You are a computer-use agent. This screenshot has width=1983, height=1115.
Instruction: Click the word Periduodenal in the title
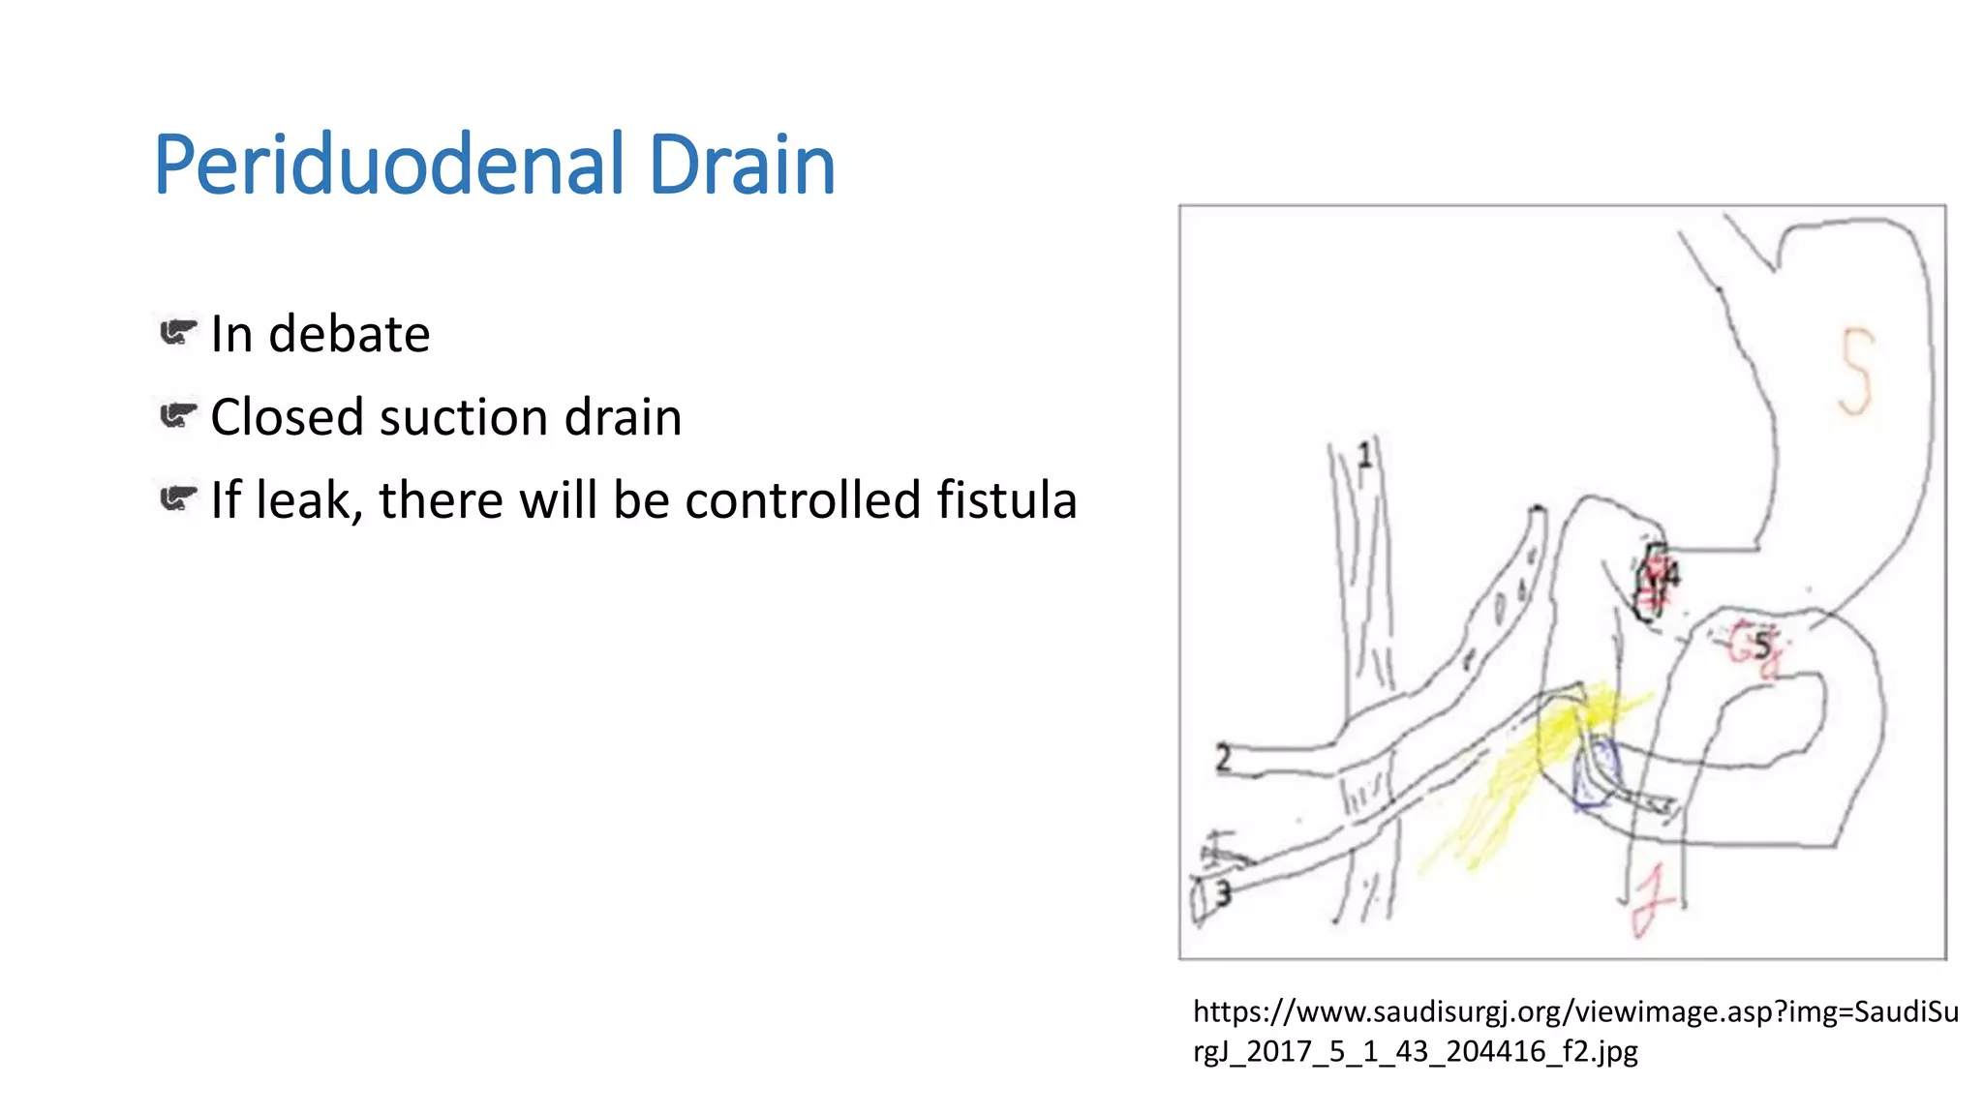pyautogui.click(x=387, y=166)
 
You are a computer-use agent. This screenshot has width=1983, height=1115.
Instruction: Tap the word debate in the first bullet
pyautogui.click(x=349, y=335)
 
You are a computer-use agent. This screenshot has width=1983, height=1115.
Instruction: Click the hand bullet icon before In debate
pyautogui.click(x=178, y=333)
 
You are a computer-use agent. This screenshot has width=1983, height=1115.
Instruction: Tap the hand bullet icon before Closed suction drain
pyautogui.click(x=178, y=416)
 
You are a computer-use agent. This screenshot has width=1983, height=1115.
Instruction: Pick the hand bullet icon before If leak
pyautogui.click(x=178, y=499)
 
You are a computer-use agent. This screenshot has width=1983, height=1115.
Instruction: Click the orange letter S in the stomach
pyautogui.click(x=1856, y=372)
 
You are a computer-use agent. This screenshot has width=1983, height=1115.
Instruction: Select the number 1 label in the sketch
pyautogui.click(x=1364, y=455)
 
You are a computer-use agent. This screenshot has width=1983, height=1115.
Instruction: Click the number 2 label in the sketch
pyautogui.click(x=1223, y=758)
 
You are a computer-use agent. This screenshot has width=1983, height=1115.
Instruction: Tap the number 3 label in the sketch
pyautogui.click(x=1223, y=893)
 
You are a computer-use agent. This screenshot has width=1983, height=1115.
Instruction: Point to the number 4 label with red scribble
pyautogui.click(x=1658, y=581)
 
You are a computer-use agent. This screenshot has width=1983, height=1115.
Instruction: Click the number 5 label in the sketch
pyautogui.click(x=1762, y=646)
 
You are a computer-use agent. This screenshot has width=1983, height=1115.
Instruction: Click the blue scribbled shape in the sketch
pyautogui.click(x=1594, y=774)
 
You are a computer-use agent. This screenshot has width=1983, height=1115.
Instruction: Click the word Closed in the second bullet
pyautogui.click(x=286, y=418)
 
